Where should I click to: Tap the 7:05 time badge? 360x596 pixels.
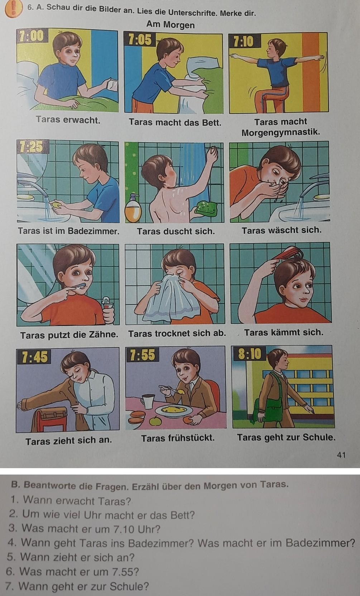click(140, 39)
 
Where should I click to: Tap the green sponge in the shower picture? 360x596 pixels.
click(207, 207)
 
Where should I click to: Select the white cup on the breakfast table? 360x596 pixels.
click(148, 402)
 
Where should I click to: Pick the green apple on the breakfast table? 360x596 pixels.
click(155, 420)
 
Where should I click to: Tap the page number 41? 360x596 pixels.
click(341, 455)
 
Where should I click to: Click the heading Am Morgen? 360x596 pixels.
click(170, 25)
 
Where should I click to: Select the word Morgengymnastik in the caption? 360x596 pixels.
click(280, 132)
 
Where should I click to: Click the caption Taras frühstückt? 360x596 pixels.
click(178, 438)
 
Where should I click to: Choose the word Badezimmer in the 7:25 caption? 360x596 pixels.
click(93, 231)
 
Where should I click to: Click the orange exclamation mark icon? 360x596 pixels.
click(13, 9)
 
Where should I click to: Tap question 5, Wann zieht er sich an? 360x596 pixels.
click(71, 557)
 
